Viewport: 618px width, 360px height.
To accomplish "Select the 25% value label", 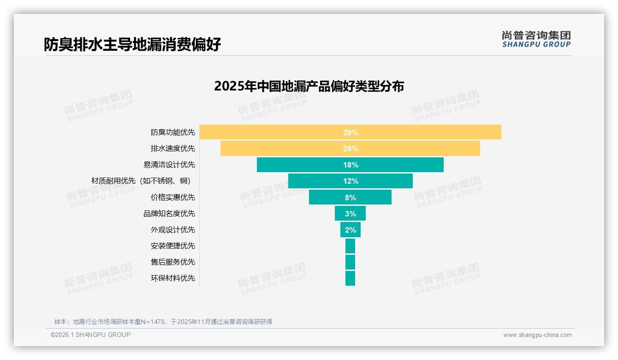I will pyautogui.click(x=351, y=149).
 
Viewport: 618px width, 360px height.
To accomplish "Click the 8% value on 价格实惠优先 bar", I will pyautogui.click(x=351, y=198).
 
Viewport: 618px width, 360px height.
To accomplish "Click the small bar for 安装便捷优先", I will pyautogui.click(x=350, y=246).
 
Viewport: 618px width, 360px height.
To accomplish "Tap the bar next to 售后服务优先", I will pyautogui.click(x=350, y=262).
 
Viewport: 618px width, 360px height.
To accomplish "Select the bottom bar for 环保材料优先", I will pyautogui.click(x=350, y=278).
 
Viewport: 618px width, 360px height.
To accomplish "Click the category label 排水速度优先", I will pyautogui.click(x=173, y=149).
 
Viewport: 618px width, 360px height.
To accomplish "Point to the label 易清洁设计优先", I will pyautogui.click(x=169, y=165).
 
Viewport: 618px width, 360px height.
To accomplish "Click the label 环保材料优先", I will pyautogui.click(x=173, y=278).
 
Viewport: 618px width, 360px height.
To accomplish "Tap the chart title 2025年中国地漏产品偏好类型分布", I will pyautogui.click(x=309, y=86).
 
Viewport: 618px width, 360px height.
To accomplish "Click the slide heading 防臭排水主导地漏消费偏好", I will pyautogui.click(x=132, y=44).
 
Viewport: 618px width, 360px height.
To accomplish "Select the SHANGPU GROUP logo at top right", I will pyautogui.click(x=536, y=39).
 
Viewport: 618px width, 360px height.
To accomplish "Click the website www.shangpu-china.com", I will pyautogui.click(x=537, y=335).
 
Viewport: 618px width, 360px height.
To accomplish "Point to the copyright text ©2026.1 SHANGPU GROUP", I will pyautogui.click(x=90, y=335).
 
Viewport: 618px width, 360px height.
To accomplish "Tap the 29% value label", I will pyautogui.click(x=351, y=132).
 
